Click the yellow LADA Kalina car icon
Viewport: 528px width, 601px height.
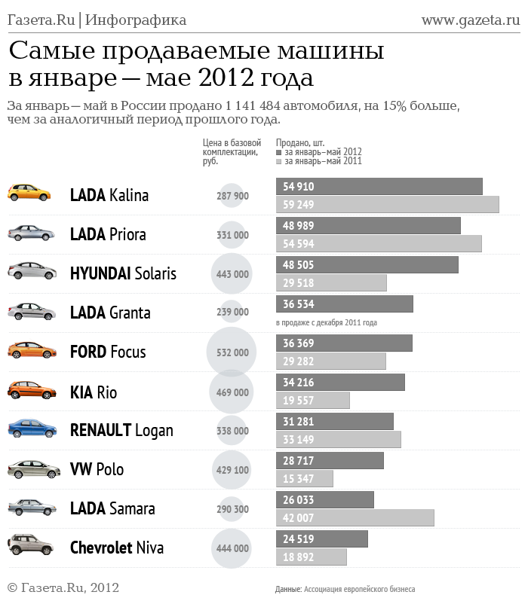[x=29, y=193]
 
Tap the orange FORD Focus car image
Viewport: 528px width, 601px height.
[x=32, y=350]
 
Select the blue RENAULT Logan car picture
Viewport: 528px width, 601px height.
[x=32, y=429]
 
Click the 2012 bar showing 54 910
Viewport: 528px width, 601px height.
[x=379, y=186]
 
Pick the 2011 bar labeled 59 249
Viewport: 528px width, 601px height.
[x=387, y=204]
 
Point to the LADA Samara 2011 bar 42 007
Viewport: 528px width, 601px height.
[x=355, y=517]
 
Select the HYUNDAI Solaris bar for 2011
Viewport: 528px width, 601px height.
[x=331, y=282]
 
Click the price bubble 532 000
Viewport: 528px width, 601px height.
[x=232, y=352]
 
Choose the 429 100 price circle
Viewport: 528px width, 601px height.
[x=232, y=470]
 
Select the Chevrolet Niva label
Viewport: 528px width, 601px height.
[x=116, y=548]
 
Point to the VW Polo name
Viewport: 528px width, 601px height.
[x=97, y=469]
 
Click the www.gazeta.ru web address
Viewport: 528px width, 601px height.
[x=470, y=20]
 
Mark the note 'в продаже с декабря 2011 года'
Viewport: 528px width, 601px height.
[x=326, y=322]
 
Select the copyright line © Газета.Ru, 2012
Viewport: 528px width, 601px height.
[x=63, y=587]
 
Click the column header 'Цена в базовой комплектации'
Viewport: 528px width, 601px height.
[x=232, y=151]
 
